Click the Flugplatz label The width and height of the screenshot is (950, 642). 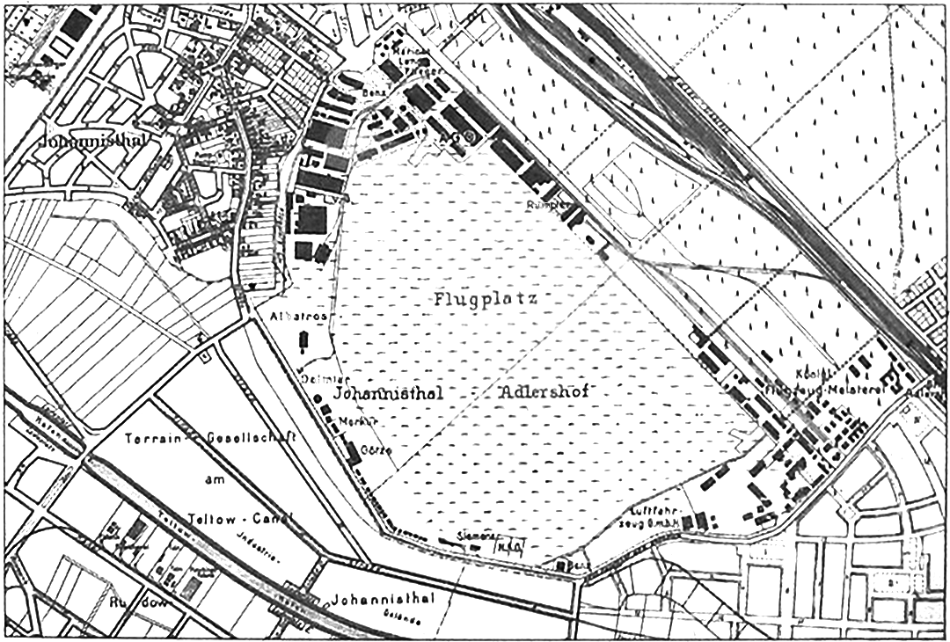[485, 298]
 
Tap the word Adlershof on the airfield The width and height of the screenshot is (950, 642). [544, 391]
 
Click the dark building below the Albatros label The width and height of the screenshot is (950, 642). [305, 341]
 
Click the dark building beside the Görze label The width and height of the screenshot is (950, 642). [353, 452]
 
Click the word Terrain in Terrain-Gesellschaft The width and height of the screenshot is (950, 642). [150, 438]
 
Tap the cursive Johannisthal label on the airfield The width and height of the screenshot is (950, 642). [390, 393]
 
